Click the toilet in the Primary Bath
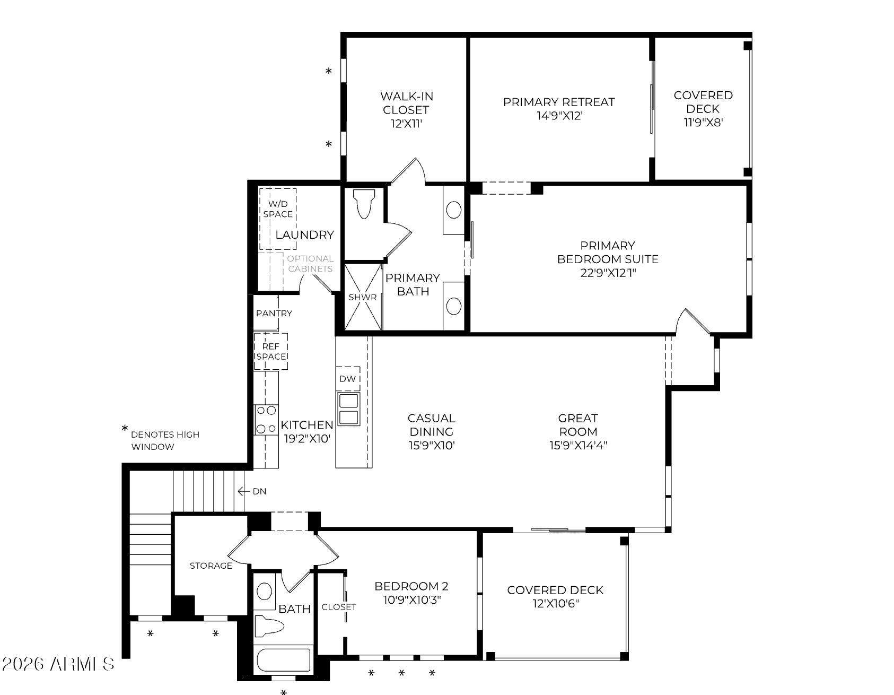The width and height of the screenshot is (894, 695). (364, 204)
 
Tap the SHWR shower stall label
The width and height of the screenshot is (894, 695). (363, 297)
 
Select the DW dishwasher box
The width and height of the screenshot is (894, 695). (348, 379)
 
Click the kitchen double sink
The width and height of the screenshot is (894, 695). (348, 409)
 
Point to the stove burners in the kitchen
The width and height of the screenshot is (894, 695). (266, 419)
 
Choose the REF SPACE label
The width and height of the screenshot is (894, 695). (271, 351)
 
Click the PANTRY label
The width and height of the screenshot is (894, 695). (274, 313)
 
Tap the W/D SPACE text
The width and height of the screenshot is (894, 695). (278, 209)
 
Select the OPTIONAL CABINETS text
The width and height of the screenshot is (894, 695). (310, 264)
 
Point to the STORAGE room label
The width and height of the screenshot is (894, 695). (211, 566)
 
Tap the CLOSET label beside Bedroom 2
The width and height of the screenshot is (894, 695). (339, 606)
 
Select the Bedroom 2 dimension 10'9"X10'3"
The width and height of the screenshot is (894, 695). (411, 600)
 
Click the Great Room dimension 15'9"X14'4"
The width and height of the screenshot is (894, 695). (578, 445)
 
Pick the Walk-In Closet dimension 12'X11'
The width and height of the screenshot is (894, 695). (406, 124)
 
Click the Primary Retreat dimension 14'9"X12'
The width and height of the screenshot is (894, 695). (559, 116)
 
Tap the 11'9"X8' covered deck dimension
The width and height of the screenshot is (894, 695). (704, 123)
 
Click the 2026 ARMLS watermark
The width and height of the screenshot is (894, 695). (58, 664)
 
